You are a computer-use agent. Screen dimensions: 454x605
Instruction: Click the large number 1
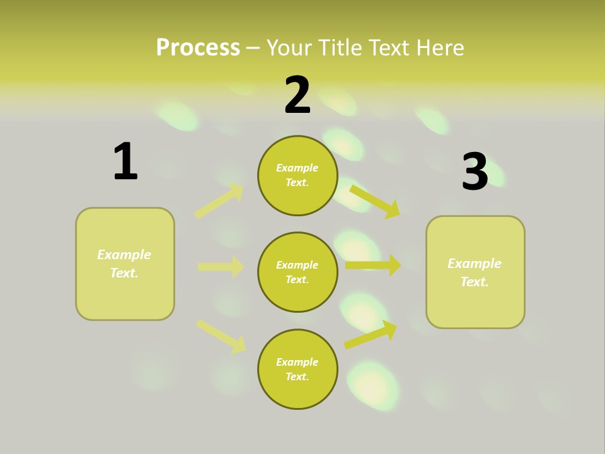tap(125, 162)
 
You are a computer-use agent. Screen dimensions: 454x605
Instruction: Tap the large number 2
tap(297, 95)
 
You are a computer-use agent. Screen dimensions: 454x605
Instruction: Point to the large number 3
tap(475, 172)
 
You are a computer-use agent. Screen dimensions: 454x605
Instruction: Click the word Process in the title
tap(198, 47)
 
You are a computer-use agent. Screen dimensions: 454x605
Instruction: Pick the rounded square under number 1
tap(125, 264)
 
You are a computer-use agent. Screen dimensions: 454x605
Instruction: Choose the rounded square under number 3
tap(475, 272)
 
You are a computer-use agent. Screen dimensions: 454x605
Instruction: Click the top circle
tap(297, 175)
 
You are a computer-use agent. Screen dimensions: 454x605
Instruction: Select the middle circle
tap(297, 272)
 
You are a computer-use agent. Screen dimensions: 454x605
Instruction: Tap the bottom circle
tap(297, 369)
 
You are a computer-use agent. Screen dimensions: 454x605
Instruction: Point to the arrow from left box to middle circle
tap(221, 267)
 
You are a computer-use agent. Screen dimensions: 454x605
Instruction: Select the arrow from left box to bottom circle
tap(221, 336)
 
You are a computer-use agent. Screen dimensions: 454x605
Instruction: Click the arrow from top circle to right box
tap(375, 201)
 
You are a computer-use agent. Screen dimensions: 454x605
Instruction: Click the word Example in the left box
tap(124, 255)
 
